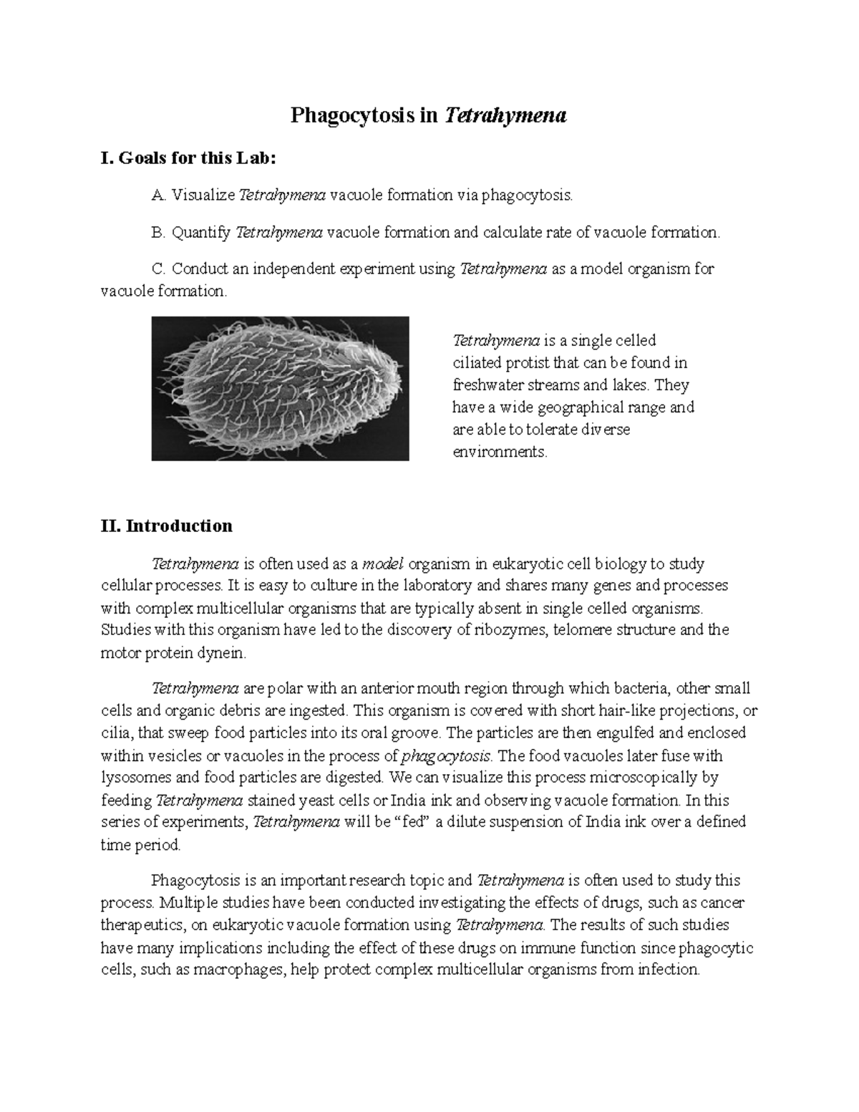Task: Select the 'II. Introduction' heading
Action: click(167, 526)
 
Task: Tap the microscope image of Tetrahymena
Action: click(280, 388)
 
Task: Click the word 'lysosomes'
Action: click(135, 778)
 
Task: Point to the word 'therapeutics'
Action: click(141, 925)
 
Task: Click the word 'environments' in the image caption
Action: click(499, 453)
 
